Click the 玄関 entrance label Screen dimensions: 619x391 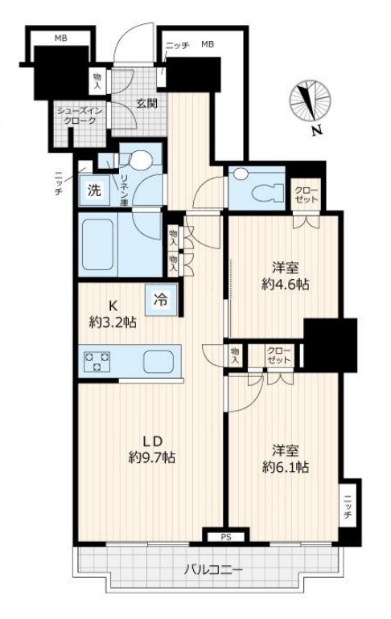coord(146,103)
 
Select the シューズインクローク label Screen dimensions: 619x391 coord(77,116)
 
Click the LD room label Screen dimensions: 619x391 coord(152,441)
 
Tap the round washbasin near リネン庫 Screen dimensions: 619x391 coord(141,162)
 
